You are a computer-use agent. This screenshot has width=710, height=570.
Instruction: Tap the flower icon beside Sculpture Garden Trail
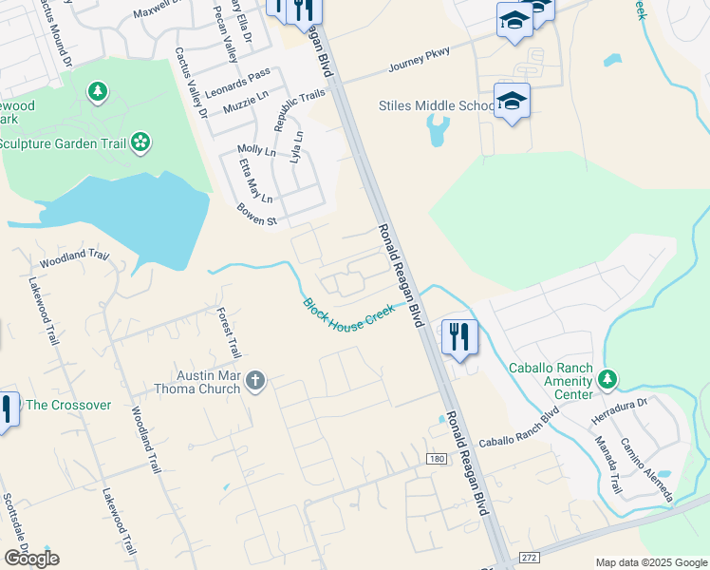point(140,142)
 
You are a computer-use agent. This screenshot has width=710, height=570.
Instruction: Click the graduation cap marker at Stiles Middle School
point(512,102)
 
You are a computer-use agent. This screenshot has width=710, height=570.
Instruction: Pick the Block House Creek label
point(348,315)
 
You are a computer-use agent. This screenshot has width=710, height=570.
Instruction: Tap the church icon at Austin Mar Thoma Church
point(253,382)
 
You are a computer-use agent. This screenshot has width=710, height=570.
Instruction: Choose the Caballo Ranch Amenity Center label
point(550,375)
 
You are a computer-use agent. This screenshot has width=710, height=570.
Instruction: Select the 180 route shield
point(436,459)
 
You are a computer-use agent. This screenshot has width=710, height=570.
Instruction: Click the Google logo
point(30,559)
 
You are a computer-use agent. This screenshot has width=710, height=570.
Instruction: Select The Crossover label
point(68,405)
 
